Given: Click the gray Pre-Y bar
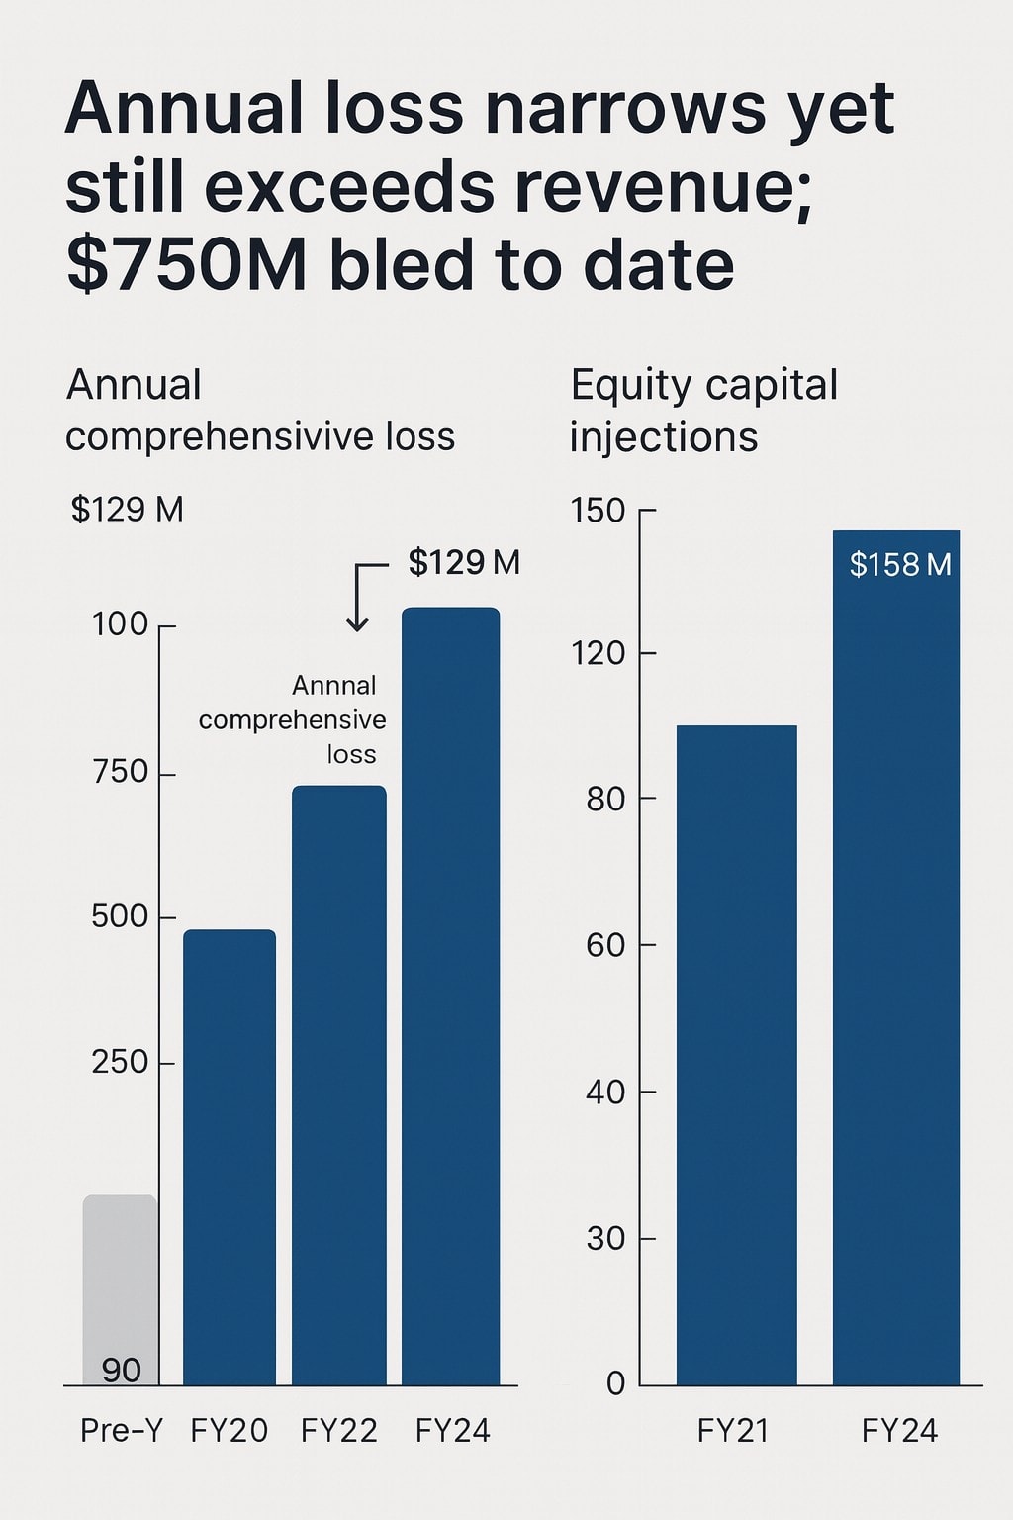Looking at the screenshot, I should [x=120, y=1277].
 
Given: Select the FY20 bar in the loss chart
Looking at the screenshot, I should [x=230, y=1158].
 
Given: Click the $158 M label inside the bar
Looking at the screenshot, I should [x=900, y=565].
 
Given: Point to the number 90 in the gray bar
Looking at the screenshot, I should [x=122, y=1371].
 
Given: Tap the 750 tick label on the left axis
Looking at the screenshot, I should [x=120, y=772].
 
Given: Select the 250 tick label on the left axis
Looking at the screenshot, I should [x=120, y=1063].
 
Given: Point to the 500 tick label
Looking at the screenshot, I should [x=120, y=917].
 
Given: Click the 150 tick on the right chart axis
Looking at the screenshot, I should [x=598, y=511].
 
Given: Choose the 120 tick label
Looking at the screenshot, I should [x=598, y=653].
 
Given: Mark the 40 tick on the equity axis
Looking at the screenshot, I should [x=604, y=1092].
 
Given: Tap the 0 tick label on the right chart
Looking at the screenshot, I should [x=615, y=1383].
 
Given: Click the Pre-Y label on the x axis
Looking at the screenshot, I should [x=122, y=1431].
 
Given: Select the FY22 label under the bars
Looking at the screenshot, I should [x=338, y=1431].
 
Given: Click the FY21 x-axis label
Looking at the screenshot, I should [x=733, y=1431].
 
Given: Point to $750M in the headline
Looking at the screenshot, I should [x=187, y=265].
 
